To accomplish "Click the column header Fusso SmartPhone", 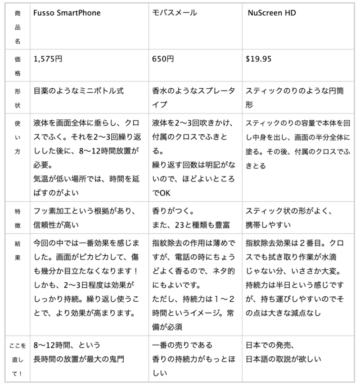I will coord(66,12).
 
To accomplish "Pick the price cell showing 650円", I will coord(163,58).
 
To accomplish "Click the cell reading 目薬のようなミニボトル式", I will coord(78,90).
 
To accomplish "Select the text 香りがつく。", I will coord(173,211).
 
